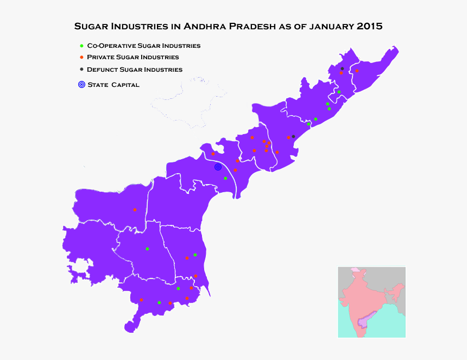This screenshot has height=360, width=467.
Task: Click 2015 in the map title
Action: [369, 26]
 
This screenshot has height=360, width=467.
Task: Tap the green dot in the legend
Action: [81, 46]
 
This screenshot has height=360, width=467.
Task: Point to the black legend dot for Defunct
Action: [81, 69]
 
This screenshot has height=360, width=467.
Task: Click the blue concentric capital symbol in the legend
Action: [81, 84]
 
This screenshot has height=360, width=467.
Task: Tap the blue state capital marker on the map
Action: [218, 167]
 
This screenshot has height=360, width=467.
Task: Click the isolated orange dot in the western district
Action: [135, 210]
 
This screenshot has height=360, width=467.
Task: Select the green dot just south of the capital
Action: [225, 178]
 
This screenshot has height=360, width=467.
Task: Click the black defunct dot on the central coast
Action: [293, 136]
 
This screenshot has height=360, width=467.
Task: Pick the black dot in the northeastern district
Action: [342, 68]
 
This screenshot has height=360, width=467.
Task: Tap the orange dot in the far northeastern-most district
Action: [357, 71]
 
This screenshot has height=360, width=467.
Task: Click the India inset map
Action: [371, 301]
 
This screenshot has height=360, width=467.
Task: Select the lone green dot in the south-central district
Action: [147, 249]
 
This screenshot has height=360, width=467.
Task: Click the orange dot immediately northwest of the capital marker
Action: [213, 154]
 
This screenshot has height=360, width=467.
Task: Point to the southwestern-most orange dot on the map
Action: [141, 300]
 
